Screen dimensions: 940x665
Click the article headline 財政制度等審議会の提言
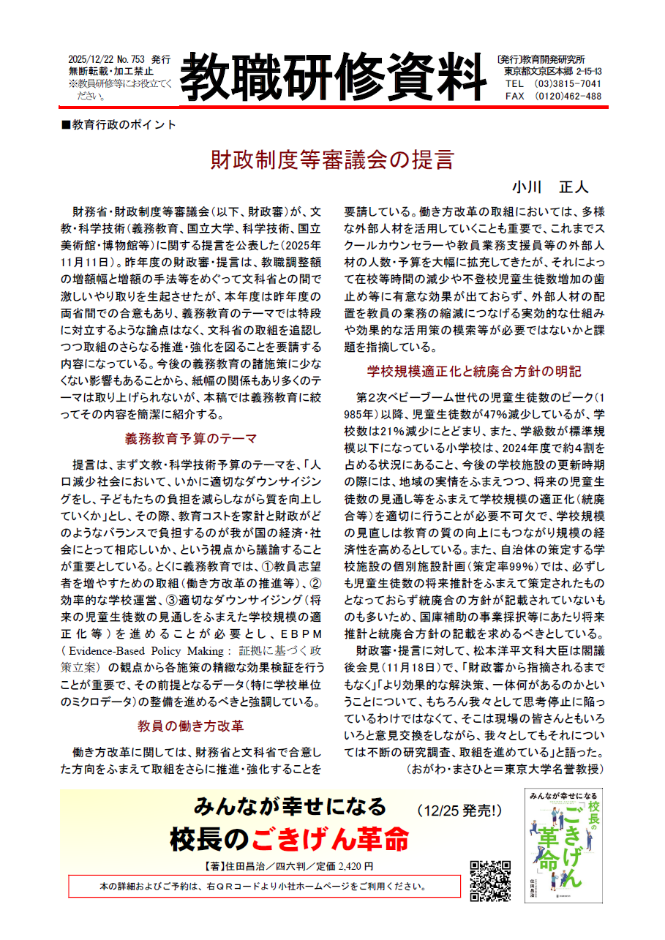pos(332,159)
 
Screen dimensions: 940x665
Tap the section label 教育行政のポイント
pos(120,124)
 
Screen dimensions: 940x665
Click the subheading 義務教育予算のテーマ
pos(191,439)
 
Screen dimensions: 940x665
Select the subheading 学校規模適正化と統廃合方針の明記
pos(474,370)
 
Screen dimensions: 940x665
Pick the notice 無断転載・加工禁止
pos(110,71)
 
